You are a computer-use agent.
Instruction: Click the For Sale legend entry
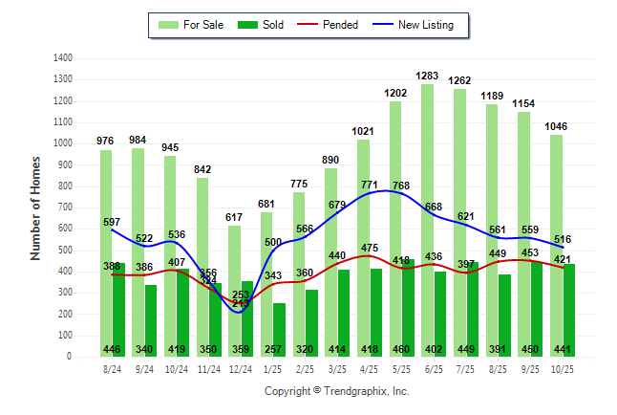coord(192,25)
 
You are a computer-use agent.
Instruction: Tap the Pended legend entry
coord(329,25)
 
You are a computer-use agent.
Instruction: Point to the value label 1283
coord(427,76)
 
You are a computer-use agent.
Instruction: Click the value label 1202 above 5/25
coord(394,93)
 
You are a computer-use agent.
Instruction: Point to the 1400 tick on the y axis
coord(62,57)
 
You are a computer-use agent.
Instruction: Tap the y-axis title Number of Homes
coord(35,207)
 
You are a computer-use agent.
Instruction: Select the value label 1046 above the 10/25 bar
coord(555,126)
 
